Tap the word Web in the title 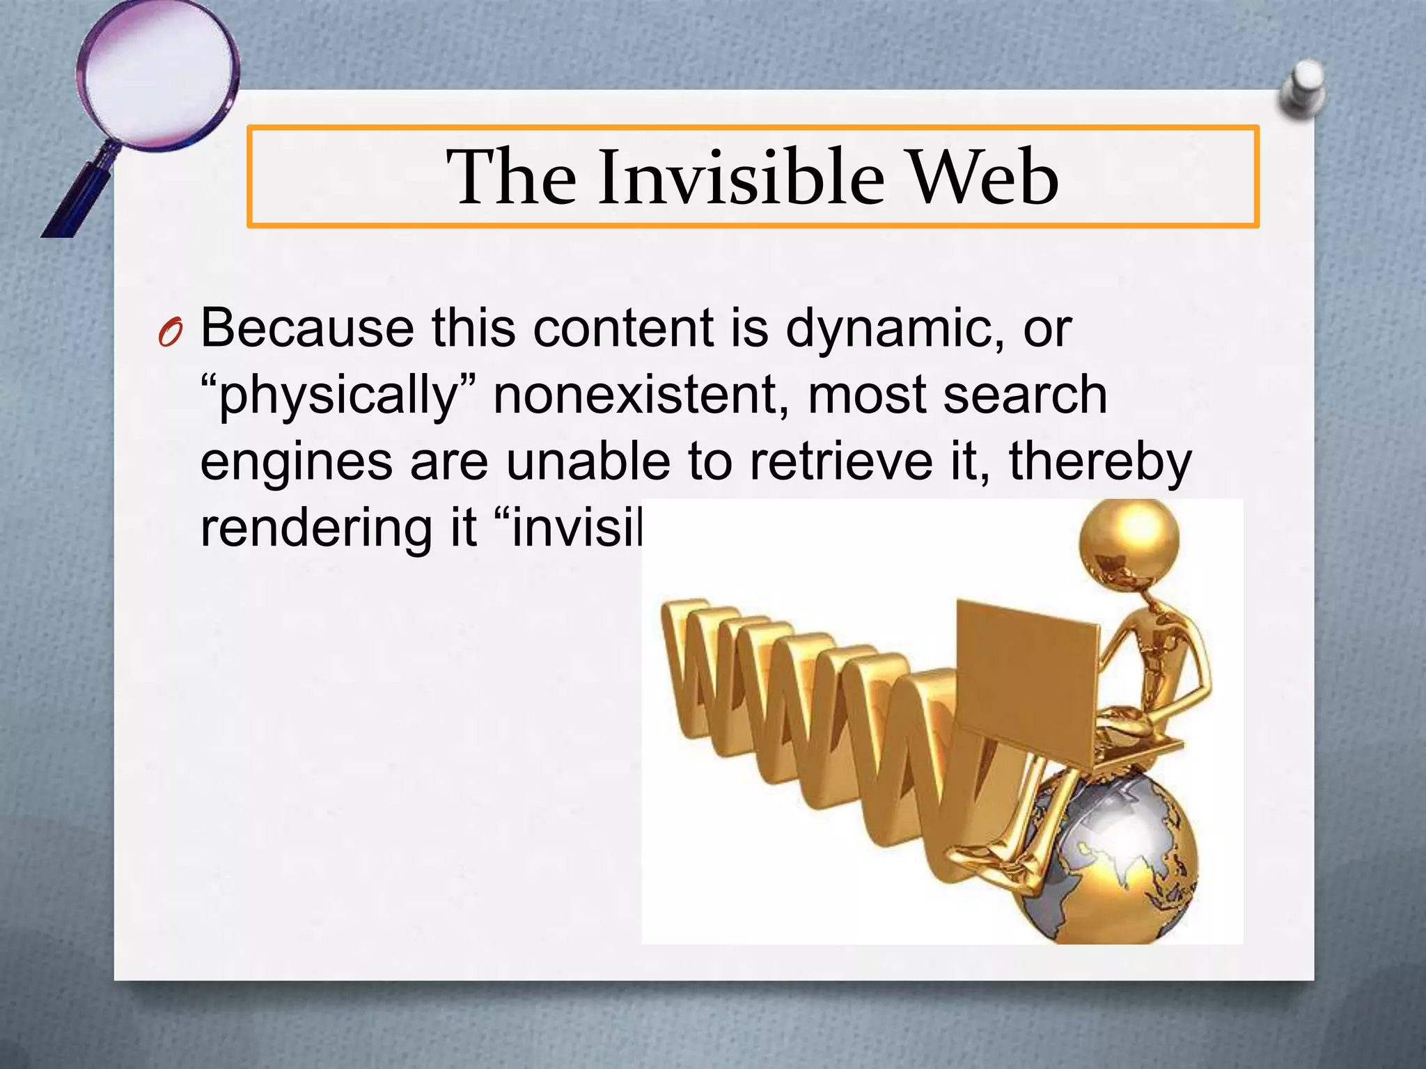985,177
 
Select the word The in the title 511,177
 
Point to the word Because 307,328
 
